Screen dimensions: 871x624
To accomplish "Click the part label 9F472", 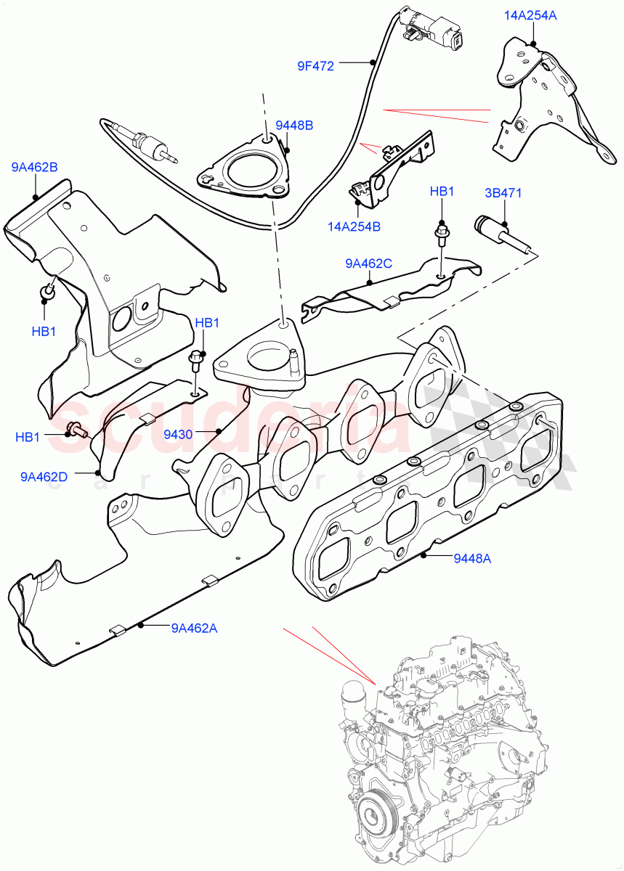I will [x=315, y=66].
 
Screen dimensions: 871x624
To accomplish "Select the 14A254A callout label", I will [x=531, y=15].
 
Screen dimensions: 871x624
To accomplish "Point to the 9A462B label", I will [x=34, y=168].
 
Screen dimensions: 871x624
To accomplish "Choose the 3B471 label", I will [x=503, y=193].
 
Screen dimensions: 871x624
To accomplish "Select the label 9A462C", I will [x=368, y=263].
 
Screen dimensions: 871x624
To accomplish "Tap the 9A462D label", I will [x=44, y=477].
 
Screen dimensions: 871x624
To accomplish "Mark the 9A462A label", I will [x=194, y=628].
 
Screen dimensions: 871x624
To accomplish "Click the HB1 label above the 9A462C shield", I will [x=442, y=192].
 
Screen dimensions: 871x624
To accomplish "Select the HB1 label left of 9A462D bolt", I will [x=28, y=437].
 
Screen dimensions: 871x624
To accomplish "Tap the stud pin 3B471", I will [x=502, y=232].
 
